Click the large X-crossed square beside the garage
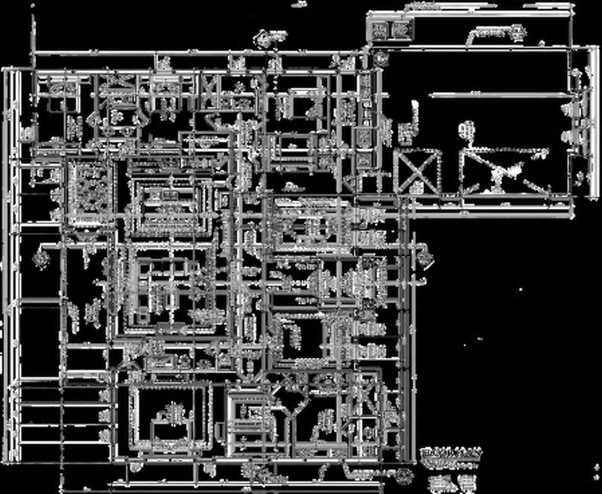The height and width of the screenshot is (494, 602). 417,172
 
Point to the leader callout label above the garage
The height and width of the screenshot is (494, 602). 497,32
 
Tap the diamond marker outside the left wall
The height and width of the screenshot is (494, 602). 40,257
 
